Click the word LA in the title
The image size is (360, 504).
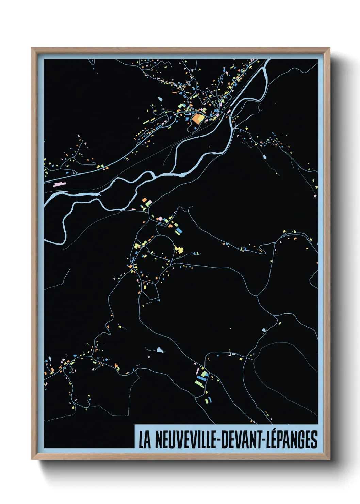pos(144,440)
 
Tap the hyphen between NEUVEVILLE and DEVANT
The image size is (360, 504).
pos(219,441)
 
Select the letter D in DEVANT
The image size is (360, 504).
pos(225,440)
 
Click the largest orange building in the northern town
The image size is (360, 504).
pos(197,119)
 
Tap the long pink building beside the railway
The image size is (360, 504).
pos(59,184)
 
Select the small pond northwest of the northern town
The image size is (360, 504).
pos(160,100)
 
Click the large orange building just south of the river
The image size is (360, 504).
pos(144,200)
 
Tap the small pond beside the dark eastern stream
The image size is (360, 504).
pos(264,157)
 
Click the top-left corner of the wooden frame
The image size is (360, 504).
pos(32,48)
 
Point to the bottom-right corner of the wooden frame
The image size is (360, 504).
pos(329,459)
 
